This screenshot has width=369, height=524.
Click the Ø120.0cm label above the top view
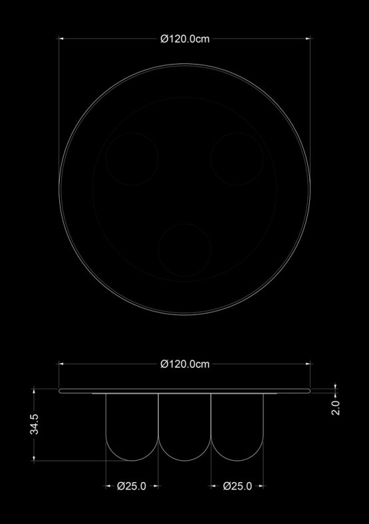click(x=185, y=39)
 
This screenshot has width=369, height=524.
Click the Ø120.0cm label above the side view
click(x=185, y=364)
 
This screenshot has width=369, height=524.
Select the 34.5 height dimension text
click(x=35, y=424)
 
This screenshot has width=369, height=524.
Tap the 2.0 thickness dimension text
click(x=336, y=408)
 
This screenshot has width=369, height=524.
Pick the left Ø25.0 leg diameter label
click(x=132, y=486)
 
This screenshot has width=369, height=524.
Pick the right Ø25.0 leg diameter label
click(x=237, y=486)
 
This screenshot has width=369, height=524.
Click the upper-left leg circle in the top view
click(x=106, y=159)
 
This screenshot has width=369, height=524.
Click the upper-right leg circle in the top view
click(x=211, y=159)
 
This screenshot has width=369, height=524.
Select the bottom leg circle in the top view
click(x=158, y=250)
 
